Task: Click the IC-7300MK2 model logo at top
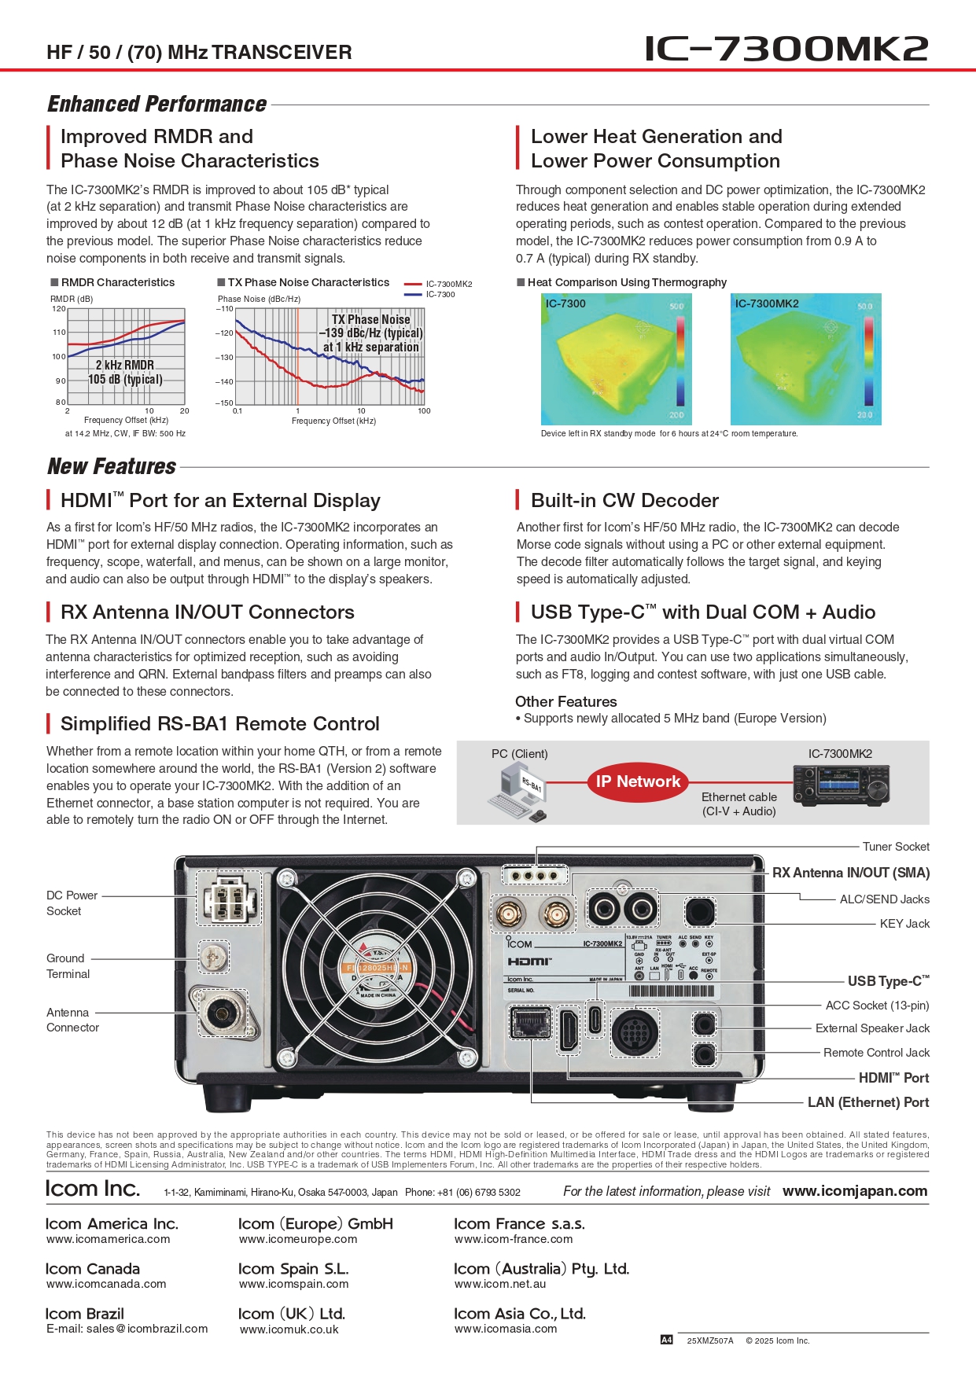[x=786, y=49]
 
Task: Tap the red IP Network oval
[x=638, y=781]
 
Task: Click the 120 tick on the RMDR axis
[x=59, y=309]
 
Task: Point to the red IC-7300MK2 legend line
[x=413, y=284]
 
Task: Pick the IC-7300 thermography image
[x=613, y=359]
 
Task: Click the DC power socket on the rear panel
[x=229, y=898]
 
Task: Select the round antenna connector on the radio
[x=219, y=1014]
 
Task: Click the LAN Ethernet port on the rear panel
[x=531, y=1024]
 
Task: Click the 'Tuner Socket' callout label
[x=896, y=847]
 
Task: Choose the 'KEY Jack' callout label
[x=904, y=924]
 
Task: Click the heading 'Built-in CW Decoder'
[x=624, y=501]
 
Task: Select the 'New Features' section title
[x=112, y=467]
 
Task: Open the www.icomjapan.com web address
[x=855, y=1191]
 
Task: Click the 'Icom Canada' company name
[x=93, y=1269]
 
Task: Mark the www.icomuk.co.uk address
[x=289, y=1329]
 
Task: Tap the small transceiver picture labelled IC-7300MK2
[x=841, y=786]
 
